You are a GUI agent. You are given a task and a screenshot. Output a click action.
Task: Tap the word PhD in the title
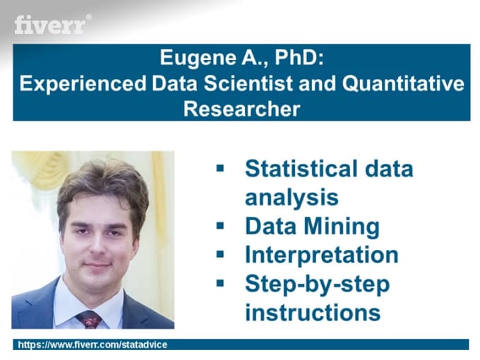(x=299, y=57)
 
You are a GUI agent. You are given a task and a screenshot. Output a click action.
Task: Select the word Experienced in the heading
(x=83, y=83)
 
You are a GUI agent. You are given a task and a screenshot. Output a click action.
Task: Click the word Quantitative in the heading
(x=403, y=83)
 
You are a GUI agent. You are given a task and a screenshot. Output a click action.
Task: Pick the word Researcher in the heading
(x=242, y=109)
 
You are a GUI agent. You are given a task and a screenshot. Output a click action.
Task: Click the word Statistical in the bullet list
(x=301, y=169)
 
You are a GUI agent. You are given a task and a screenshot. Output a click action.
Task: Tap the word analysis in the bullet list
(x=292, y=198)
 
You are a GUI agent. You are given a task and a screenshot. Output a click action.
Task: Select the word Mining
(x=342, y=227)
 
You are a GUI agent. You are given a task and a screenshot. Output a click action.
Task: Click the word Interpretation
(x=321, y=255)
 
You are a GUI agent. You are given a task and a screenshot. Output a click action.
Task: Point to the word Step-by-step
(x=317, y=284)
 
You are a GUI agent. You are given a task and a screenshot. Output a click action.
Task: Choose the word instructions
(x=313, y=312)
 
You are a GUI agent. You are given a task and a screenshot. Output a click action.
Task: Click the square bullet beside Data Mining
(x=220, y=226)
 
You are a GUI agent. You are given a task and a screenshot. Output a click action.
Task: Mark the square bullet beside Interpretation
(x=220, y=254)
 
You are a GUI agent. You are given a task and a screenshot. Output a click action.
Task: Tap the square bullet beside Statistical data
(x=220, y=168)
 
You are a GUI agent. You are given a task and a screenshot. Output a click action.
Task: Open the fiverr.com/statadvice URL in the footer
(x=92, y=344)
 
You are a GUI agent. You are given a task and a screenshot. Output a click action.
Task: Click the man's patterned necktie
(x=90, y=320)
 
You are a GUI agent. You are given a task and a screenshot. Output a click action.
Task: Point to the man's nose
(x=98, y=245)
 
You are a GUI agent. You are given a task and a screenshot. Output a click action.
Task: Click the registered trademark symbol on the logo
(x=88, y=17)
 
